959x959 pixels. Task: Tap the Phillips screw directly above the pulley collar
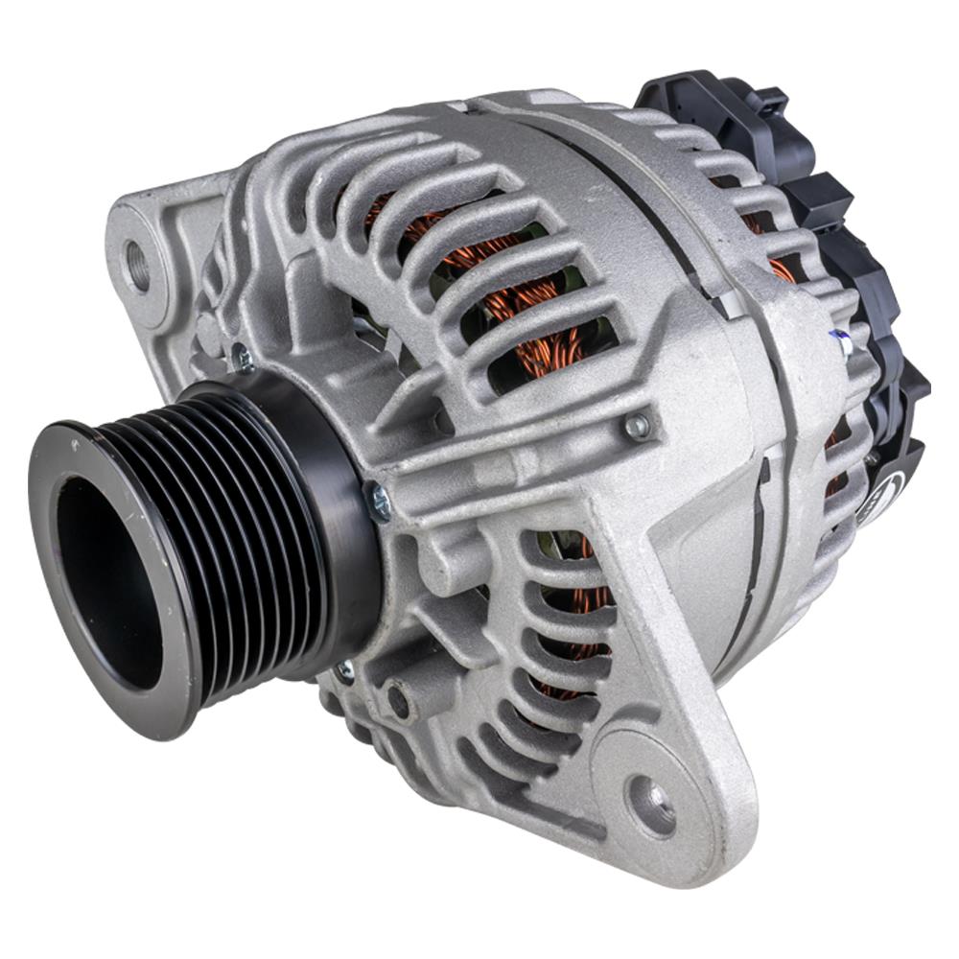coord(242,359)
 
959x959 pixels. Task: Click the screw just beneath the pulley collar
coord(343,672)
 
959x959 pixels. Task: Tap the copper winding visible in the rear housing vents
coord(782,269)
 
